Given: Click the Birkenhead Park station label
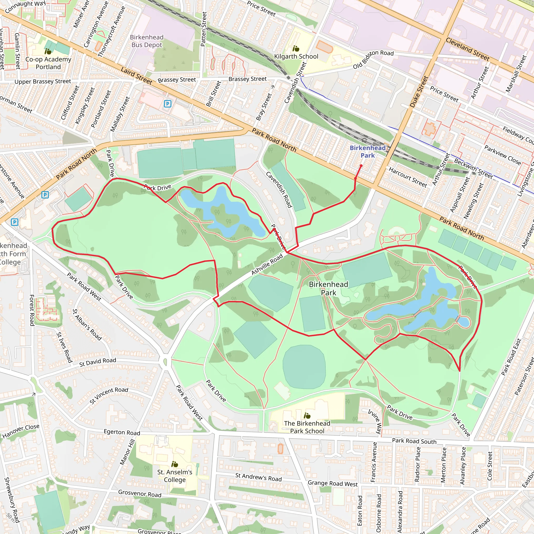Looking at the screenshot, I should pos(367,151).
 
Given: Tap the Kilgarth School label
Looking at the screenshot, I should pos(296,56).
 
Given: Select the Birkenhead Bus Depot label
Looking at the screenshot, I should pos(147,41).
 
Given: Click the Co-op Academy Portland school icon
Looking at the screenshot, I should pos(48,51).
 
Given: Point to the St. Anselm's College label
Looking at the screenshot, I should pos(175,476).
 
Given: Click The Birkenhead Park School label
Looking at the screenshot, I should pos(307,427).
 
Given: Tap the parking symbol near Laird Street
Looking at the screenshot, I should pos(167,104).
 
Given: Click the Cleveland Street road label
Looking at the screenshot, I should pos(468,49).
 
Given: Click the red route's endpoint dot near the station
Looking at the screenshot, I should pos(361,166).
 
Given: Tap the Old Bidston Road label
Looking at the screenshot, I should pos(373,59).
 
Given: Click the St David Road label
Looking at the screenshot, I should pos(98,362).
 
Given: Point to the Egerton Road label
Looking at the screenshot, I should pos(122,432).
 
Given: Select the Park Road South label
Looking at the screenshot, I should pos(414,441).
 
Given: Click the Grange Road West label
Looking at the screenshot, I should pos(332,483).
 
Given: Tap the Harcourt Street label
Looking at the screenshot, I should pos(408,177).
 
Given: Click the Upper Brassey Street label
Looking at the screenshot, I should pos(43,82).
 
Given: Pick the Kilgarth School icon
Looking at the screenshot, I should pos(296,49).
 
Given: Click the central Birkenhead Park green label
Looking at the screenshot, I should pos(328,288).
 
